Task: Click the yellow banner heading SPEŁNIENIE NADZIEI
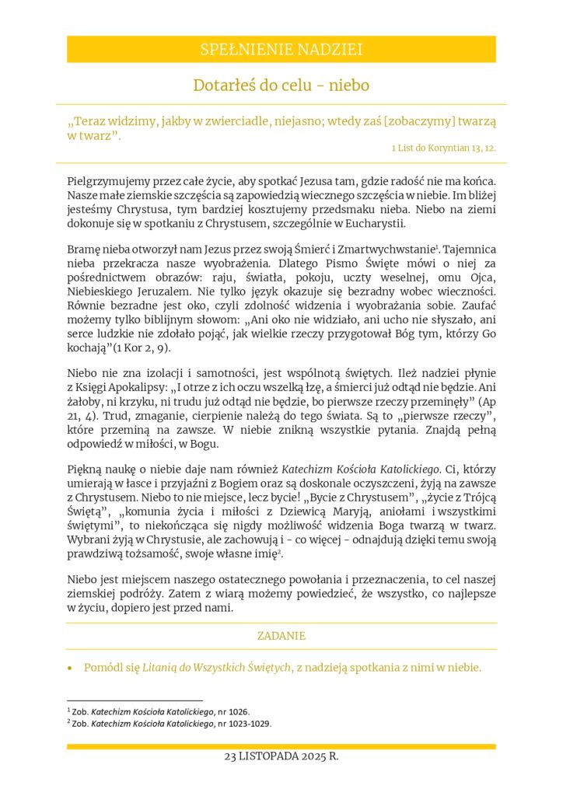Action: (x=281, y=50)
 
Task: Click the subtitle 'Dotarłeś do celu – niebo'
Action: (x=281, y=85)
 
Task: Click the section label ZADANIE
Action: (x=281, y=636)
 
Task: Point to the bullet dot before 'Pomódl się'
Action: (x=72, y=668)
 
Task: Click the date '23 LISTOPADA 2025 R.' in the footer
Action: (x=281, y=756)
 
